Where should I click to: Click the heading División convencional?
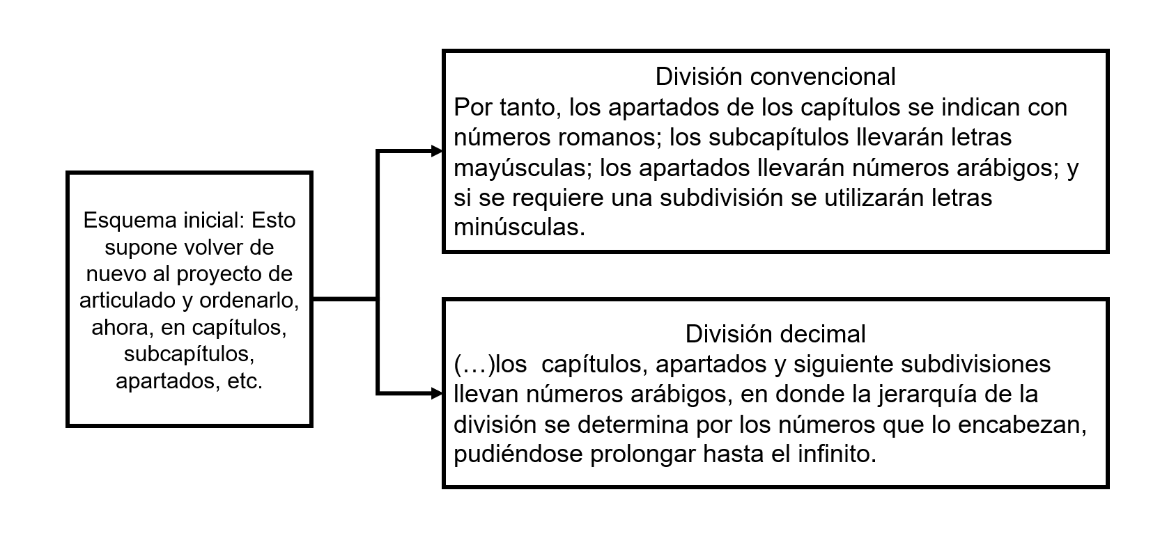click(775, 77)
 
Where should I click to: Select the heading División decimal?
click(775, 334)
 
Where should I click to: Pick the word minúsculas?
click(520, 227)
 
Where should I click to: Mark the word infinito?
click(837, 454)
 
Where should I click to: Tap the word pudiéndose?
click(518, 455)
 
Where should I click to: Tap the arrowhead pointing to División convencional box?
click(437, 151)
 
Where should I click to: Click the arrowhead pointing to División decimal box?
click(437, 393)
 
